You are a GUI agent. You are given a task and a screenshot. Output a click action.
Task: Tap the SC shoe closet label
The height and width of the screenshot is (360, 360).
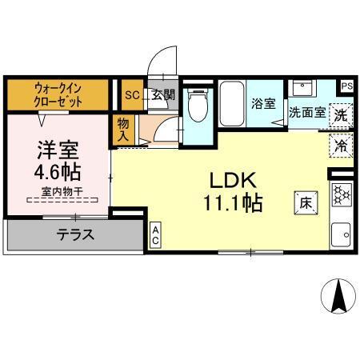(x=131, y=92)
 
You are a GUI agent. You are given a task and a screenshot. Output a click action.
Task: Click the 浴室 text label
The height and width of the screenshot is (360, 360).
(x=262, y=103)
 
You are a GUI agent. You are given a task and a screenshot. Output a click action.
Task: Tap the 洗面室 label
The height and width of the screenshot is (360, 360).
(x=307, y=114)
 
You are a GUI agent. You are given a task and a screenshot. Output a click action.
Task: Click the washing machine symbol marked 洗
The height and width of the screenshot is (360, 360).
(x=342, y=114)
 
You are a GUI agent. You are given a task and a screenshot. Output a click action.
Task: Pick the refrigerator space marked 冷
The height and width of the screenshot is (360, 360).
(x=341, y=146)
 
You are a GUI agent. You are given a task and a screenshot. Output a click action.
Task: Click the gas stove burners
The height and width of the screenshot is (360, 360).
(x=342, y=194)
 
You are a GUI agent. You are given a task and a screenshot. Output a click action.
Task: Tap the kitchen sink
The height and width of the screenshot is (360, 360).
(x=342, y=233)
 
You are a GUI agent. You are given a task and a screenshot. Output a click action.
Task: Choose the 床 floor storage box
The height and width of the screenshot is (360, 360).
(x=306, y=202)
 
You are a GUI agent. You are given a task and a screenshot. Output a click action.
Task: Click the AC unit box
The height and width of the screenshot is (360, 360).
(x=155, y=236)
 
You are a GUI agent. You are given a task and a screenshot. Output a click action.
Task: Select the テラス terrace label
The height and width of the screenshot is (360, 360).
(x=75, y=234)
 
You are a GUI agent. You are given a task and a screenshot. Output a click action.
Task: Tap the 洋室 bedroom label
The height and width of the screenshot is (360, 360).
(x=56, y=150)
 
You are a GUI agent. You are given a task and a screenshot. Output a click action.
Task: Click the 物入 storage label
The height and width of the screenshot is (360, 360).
(x=122, y=130)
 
